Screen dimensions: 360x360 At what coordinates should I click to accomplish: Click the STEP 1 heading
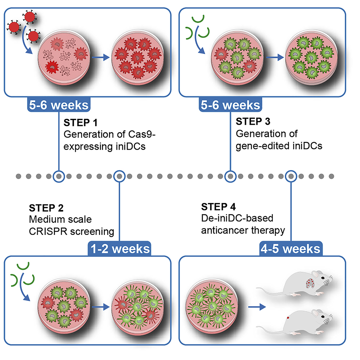pyautogui.click(x=80, y=121)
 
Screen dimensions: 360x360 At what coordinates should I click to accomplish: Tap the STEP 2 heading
pyautogui.click(x=46, y=208)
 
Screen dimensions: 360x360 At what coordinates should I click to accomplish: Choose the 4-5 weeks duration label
pyautogui.click(x=290, y=249)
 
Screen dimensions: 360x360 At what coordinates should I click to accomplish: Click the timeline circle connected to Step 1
pyautogui.click(x=59, y=176)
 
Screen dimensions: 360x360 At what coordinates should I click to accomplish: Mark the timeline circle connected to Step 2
pyautogui.click(x=119, y=176)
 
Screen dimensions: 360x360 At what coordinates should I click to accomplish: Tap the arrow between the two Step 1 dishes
pyautogui.click(x=101, y=57)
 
